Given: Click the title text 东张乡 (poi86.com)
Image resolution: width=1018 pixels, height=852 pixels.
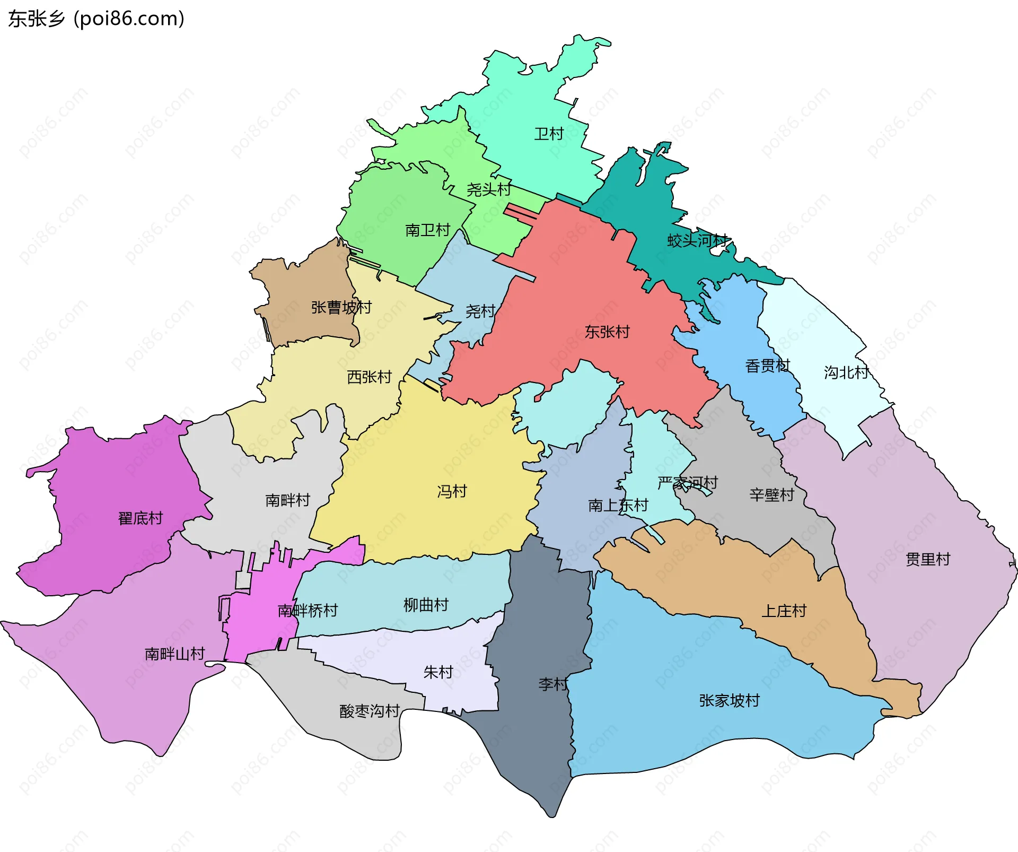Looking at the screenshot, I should pos(96,19).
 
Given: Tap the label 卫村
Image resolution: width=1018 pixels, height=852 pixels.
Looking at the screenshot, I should pos(548,134).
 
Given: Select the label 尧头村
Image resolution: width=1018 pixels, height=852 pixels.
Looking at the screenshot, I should pos(488,189).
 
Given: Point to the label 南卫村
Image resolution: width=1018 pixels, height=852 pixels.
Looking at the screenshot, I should pos(427,230).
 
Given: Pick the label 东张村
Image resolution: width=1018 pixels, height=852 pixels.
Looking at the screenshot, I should pos(607,332).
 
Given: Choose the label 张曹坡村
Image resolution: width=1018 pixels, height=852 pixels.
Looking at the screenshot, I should pos(341,307).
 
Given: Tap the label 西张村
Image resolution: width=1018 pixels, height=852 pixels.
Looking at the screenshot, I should pos(369,377).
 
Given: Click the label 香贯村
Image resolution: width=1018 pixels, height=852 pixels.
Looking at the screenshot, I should pos(767,366).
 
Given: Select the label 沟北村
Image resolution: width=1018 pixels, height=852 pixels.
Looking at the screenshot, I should pos(846,372).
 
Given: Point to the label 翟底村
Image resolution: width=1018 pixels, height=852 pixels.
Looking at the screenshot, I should pos(141,518).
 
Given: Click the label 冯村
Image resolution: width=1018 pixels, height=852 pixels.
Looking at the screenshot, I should pos(452,491).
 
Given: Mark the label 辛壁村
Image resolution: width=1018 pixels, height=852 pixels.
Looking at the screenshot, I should pos(771,495).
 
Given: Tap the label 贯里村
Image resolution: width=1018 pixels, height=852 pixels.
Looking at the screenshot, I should pos(928,559).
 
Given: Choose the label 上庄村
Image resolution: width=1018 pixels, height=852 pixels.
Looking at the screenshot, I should pos(784,611).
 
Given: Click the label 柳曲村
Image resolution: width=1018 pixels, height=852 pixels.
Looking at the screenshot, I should pos(426,605).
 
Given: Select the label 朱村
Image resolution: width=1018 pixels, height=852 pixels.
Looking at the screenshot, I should pos(438,672).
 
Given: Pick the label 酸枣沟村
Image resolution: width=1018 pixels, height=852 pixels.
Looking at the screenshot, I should pos(370,711).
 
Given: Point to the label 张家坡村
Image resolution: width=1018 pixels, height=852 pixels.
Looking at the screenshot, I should pos(729,701).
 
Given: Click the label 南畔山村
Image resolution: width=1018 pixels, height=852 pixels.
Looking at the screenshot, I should pos(174,654).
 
